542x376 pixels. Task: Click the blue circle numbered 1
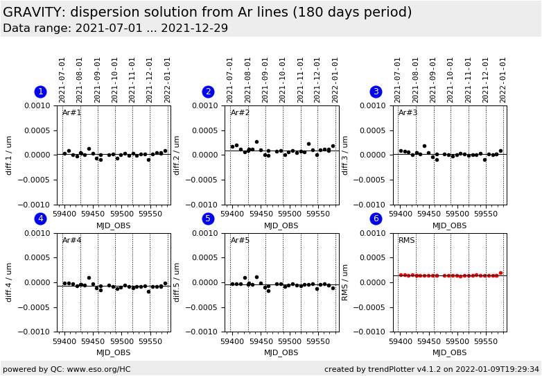(40, 92)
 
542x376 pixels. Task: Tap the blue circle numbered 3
(376, 92)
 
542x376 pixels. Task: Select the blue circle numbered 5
(208, 219)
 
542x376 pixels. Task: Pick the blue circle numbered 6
(376, 219)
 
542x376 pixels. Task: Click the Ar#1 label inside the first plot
(72, 113)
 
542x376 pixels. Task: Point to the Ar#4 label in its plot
(72, 241)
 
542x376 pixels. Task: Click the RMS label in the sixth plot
(407, 241)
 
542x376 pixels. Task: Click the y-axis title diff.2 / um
(177, 155)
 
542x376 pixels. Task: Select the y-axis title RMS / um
(345, 282)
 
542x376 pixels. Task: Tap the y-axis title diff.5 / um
(177, 282)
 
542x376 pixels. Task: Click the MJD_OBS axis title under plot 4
(113, 353)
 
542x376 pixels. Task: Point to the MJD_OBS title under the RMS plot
(449, 353)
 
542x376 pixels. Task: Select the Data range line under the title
(115, 28)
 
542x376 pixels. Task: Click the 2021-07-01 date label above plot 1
(62, 80)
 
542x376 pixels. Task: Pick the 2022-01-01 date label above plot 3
(504, 80)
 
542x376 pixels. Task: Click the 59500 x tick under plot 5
(289, 341)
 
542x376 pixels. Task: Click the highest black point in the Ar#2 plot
(256, 142)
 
